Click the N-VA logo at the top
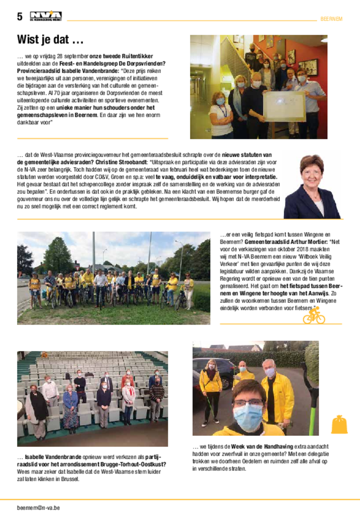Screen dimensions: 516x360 pos(45,17)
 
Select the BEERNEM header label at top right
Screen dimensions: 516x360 pos(331,19)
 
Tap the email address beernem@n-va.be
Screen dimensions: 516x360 pos(38,507)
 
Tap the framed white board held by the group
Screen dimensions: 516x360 pos(284,105)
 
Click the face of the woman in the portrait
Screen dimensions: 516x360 pos(312,172)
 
